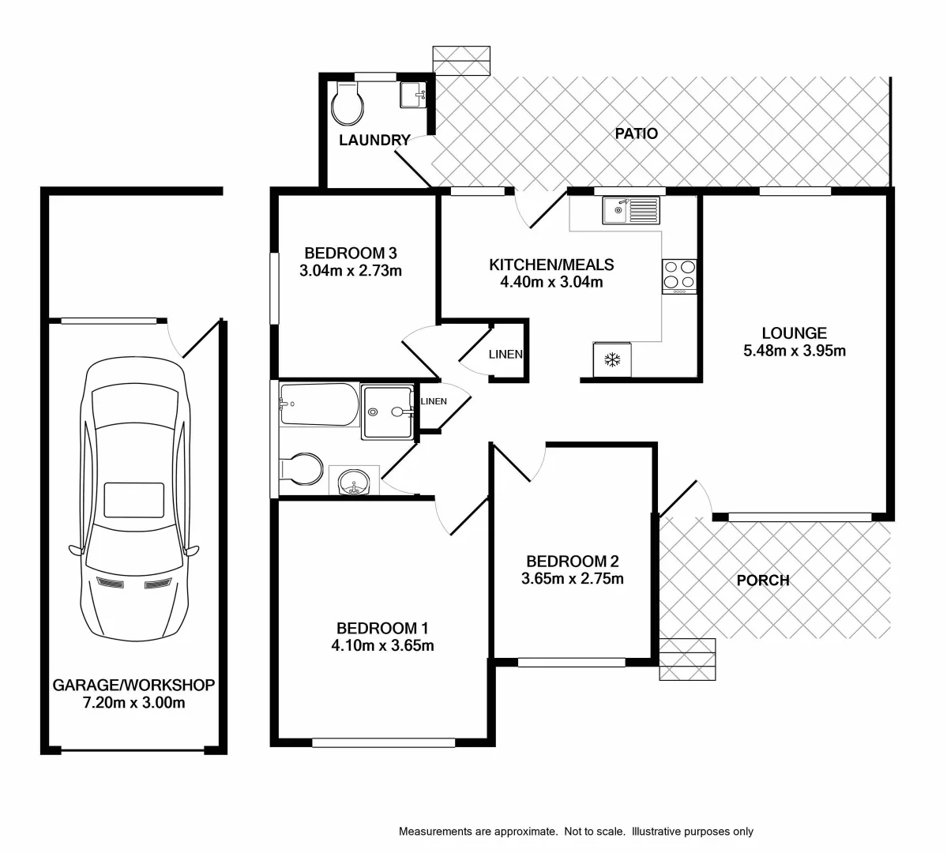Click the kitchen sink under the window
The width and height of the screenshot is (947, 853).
click(x=630, y=210)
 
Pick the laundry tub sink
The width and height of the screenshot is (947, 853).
click(x=413, y=94)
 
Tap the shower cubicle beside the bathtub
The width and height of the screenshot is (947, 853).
click(x=387, y=411)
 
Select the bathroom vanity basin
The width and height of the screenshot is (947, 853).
click(x=353, y=481)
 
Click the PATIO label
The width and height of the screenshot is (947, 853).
click(x=636, y=133)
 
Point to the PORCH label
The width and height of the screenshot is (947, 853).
click(x=762, y=581)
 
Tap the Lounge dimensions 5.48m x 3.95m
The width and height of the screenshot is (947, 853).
click(x=794, y=351)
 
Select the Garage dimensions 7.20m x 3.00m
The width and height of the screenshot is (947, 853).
click(x=133, y=702)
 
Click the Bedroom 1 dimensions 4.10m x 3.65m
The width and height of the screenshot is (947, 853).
click(x=382, y=645)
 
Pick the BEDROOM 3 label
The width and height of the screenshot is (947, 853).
click(x=350, y=254)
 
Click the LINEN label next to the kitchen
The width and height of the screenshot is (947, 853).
click(x=505, y=355)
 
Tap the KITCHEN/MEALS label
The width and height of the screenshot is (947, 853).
click(x=551, y=265)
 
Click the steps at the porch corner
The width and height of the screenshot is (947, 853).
click(x=687, y=659)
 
